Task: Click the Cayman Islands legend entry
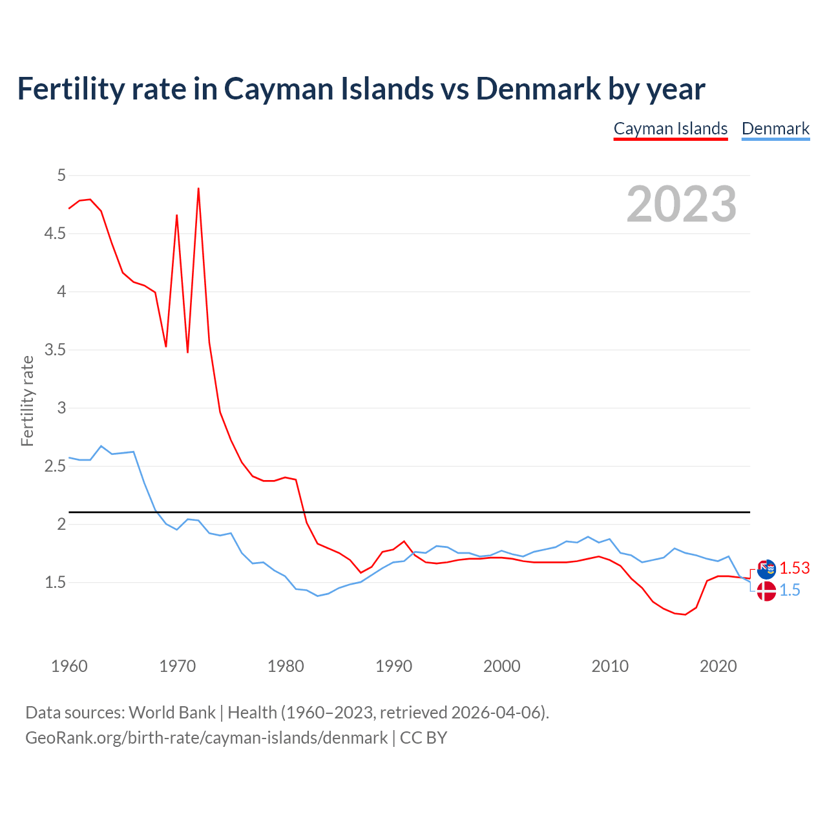point(670,129)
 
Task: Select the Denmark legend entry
point(775,129)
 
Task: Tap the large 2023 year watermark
point(681,204)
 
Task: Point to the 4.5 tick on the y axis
point(55,233)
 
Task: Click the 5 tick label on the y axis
point(61,175)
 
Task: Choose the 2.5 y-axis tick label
point(55,466)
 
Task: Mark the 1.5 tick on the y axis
point(55,582)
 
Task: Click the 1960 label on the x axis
point(69,666)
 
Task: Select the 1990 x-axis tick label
point(393,666)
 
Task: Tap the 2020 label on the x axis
point(718,666)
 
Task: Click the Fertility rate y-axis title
point(27,401)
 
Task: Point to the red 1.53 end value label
point(794,568)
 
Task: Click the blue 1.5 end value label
point(790,590)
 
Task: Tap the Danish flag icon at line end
point(766,591)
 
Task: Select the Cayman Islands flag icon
point(766,569)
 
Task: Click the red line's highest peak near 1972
point(198,189)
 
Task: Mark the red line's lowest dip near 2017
point(685,614)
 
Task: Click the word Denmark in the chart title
point(538,89)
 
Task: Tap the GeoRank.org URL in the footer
point(206,738)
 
